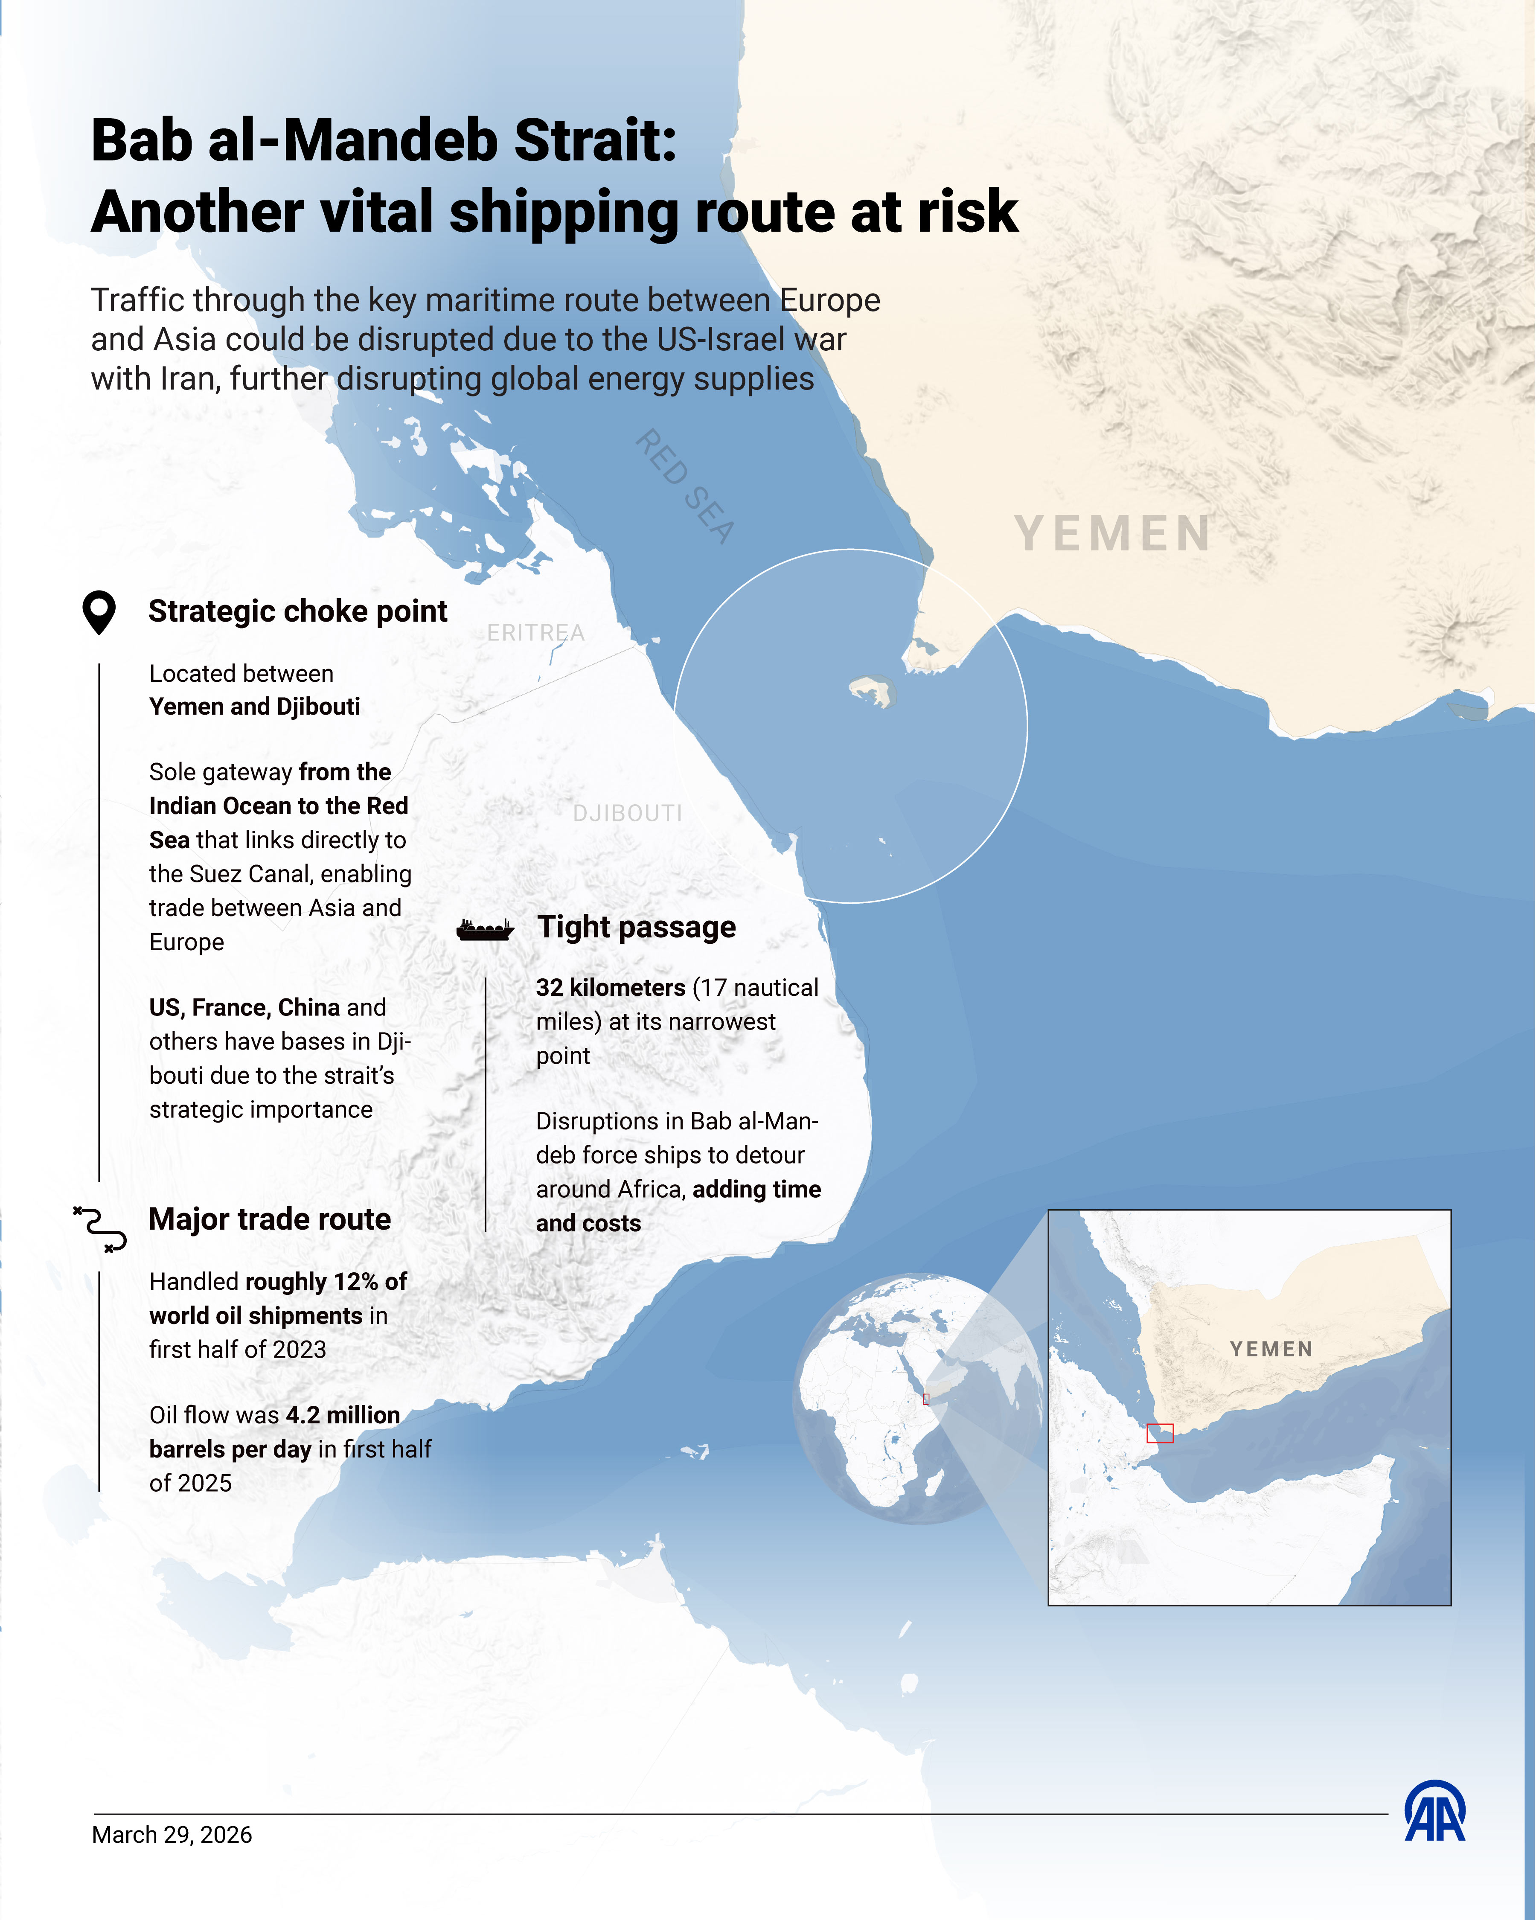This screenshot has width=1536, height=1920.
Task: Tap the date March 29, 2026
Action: coord(172,1836)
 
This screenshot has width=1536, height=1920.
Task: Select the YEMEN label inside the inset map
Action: coord(1271,1349)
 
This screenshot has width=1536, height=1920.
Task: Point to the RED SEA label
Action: coord(685,486)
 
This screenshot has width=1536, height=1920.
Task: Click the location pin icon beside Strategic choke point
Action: coord(99,612)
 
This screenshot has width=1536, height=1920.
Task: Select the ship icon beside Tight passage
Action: coord(485,930)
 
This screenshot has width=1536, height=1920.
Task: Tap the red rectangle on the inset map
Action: coord(1160,1433)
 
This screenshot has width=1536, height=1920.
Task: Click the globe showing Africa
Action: coord(917,1398)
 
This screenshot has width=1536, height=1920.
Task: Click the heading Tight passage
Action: coord(636,927)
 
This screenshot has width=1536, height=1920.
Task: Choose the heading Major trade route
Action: coord(270,1219)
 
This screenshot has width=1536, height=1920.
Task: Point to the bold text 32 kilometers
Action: coord(610,988)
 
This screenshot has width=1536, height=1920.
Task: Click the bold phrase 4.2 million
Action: coord(343,1415)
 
